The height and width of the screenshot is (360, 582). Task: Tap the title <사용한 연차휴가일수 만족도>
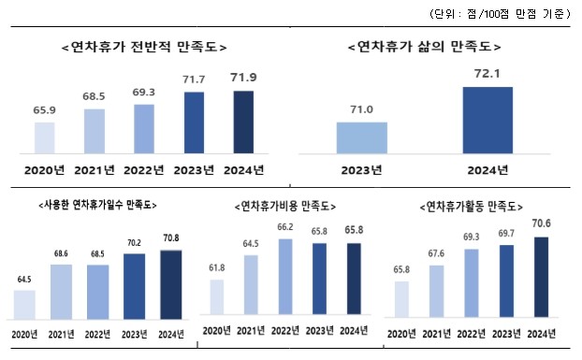pos(97,204)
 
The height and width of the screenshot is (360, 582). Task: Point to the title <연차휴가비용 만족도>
pos(287,205)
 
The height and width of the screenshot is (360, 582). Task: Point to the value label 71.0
pos(361,109)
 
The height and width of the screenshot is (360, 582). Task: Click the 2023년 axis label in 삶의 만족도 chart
pos(361,169)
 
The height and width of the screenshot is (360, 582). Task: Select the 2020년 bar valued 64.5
pos(25,305)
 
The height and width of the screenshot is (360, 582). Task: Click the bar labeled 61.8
pos(214,298)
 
